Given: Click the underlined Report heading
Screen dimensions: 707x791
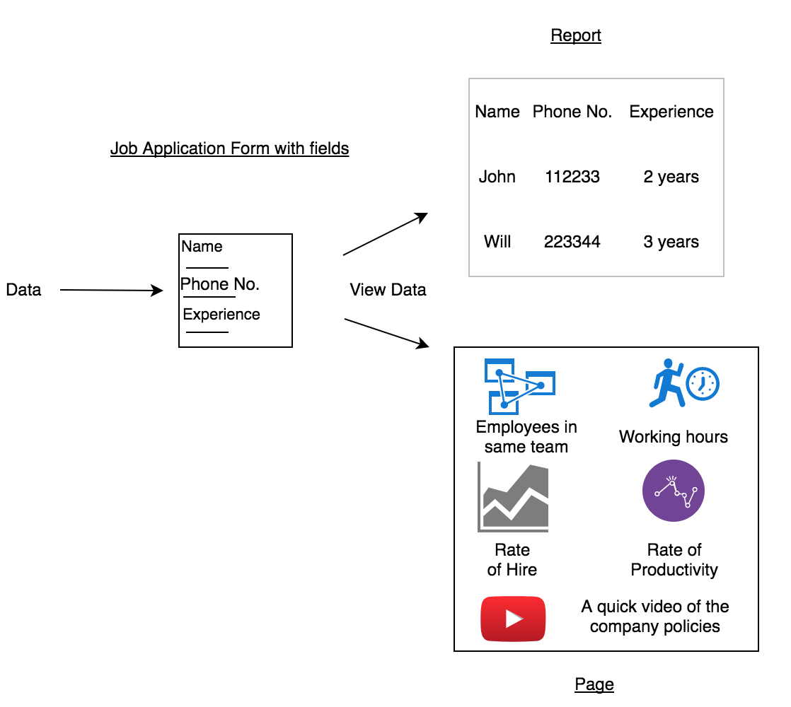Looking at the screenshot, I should tap(576, 36).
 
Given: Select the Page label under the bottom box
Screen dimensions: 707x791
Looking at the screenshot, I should tap(594, 684).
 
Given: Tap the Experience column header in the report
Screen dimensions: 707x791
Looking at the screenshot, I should tap(671, 112).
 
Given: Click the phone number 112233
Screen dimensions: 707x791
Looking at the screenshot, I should tap(572, 177).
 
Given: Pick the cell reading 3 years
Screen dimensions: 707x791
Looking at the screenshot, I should tap(671, 242).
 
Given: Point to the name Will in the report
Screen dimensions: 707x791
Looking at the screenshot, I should tap(497, 242).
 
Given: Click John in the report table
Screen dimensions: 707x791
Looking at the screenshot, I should tap(497, 177).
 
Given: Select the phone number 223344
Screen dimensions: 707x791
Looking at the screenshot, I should tap(572, 242).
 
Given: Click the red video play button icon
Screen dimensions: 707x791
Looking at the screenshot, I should tap(513, 619).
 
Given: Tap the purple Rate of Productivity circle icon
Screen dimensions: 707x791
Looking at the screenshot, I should tap(674, 491).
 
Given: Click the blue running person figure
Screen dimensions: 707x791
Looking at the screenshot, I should tap(665, 383).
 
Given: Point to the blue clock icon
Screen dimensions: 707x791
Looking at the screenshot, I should tap(703, 384).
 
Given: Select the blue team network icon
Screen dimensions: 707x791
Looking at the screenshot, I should tap(519, 386).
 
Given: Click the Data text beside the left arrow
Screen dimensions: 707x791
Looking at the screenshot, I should tap(23, 290).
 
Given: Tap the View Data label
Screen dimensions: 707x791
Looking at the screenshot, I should tap(388, 290).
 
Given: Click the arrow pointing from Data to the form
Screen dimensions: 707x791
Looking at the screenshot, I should tap(112, 290).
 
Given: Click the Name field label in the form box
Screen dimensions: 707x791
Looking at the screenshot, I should tap(202, 247).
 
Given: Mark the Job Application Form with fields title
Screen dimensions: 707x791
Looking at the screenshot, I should tap(230, 148).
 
